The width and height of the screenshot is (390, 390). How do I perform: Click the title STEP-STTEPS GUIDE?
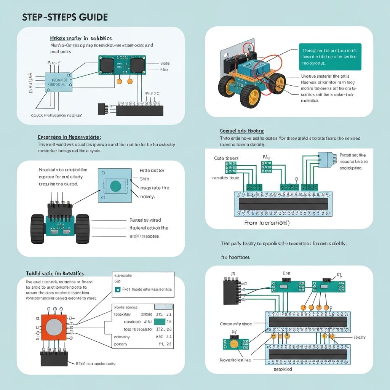pyautogui.click(x=65, y=17)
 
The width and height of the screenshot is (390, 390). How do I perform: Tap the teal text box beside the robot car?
pyautogui.click(x=330, y=57)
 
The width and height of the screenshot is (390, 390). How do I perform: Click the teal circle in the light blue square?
pyautogui.click(x=115, y=186)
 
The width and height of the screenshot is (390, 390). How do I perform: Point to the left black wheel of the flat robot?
pyautogui.click(x=38, y=229)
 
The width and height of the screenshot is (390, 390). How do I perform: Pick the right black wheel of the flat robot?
pyautogui.click(x=82, y=229)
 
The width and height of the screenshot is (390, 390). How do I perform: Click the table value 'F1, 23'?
pyautogui.click(x=165, y=344)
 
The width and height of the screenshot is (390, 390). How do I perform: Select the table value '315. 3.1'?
pyautogui.click(x=164, y=314)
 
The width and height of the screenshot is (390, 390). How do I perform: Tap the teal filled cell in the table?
pyautogui.click(x=159, y=322)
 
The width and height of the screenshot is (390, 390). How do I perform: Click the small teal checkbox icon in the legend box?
pyautogui.click(x=117, y=289)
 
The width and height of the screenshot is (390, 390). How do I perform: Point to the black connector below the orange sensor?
pyautogui.click(x=54, y=358)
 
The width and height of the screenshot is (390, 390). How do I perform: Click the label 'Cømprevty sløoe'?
pyautogui.click(x=236, y=324)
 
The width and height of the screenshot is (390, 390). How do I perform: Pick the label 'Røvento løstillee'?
pyautogui.click(x=235, y=360)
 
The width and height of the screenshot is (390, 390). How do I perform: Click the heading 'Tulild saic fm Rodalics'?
pyautogui.click(x=54, y=273)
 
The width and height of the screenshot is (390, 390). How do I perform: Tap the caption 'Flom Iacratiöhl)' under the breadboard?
pyautogui.click(x=267, y=223)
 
